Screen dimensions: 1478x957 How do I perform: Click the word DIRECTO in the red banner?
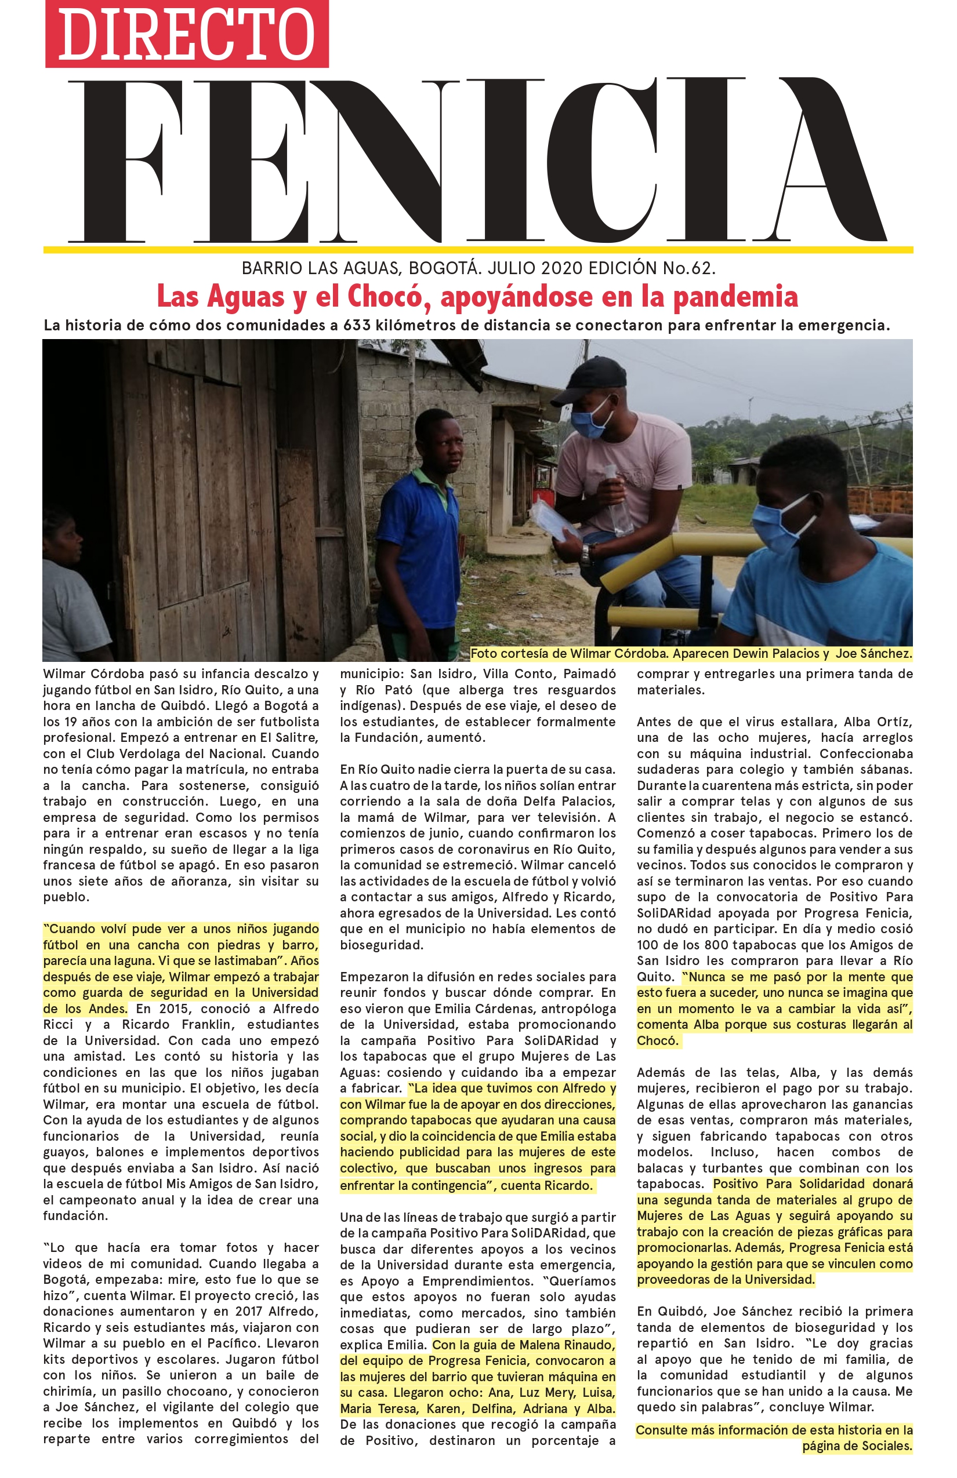coord(186,34)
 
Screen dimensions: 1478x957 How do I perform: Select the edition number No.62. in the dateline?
coord(689,268)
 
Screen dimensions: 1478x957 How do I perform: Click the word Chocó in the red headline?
coord(385,296)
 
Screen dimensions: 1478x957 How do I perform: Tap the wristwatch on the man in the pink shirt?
coord(585,554)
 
